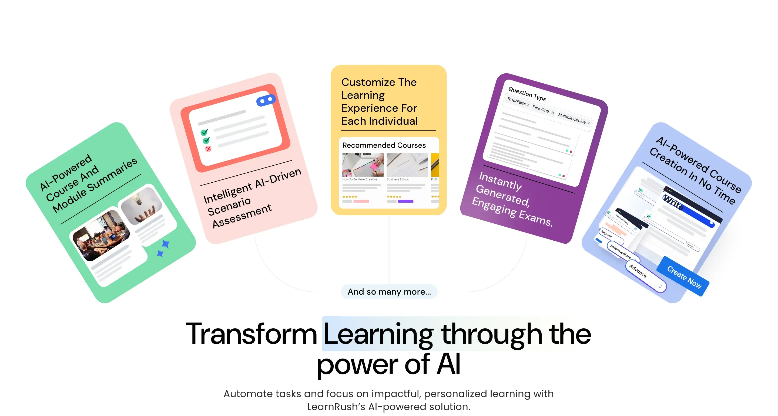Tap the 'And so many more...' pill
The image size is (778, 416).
coord(389,292)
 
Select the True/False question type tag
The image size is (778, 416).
coord(517,101)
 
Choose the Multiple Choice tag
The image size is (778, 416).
coord(572,118)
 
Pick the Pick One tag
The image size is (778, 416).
coord(541,109)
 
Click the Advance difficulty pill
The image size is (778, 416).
coord(638,271)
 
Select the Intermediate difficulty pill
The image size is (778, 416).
coord(620,251)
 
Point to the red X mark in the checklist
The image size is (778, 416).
coord(208,149)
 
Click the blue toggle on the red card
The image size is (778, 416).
coord(266,100)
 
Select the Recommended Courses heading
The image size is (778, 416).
coord(384,145)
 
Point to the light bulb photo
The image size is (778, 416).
coord(141,205)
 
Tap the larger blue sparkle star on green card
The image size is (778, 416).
coord(166,243)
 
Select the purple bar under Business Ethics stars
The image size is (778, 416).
coord(405,201)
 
